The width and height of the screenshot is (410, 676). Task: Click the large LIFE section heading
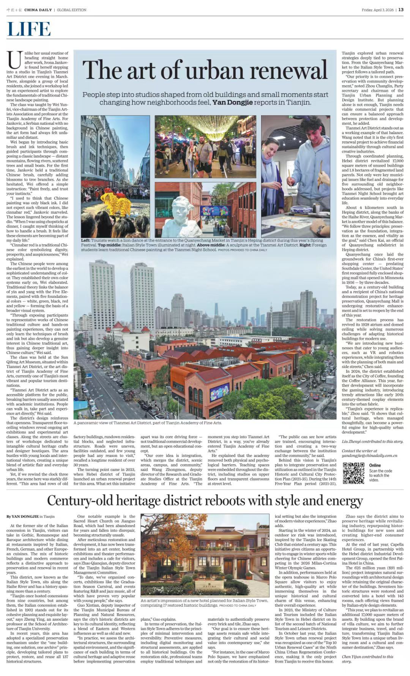(29, 30)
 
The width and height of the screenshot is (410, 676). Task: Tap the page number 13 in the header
(401, 10)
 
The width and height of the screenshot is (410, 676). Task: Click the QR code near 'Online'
(353, 473)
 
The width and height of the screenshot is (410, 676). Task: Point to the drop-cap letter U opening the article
(14, 60)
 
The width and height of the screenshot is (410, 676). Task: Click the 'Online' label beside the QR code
(375, 465)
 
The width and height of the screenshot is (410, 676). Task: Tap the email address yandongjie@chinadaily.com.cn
(369, 455)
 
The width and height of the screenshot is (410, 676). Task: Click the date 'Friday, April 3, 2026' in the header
(378, 10)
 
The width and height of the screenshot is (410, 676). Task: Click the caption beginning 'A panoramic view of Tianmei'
(148, 422)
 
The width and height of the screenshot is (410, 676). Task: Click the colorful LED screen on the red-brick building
(219, 392)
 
